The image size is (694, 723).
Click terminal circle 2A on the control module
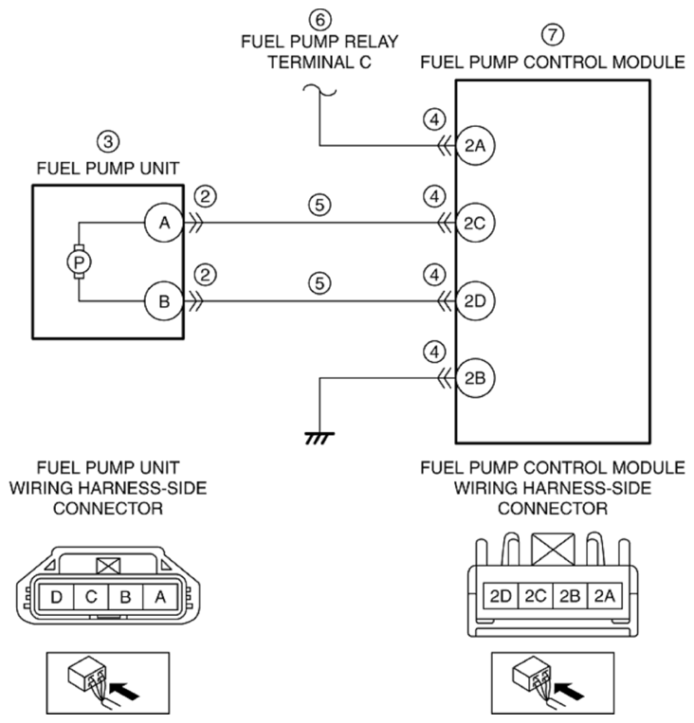tap(475, 146)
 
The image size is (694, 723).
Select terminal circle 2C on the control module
tap(475, 224)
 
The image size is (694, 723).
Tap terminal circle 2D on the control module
tap(475, 301)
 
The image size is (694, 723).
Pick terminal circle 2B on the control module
tap(475, 378)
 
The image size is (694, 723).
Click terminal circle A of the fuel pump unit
tap(164, 224)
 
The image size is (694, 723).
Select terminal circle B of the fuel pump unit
tap(164, 301)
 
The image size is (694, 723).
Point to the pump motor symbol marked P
tap(79, 262)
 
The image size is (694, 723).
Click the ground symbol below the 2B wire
tap(320, 438)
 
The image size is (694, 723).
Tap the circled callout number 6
tap(320, 20)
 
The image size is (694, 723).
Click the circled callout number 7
tap(553, 34)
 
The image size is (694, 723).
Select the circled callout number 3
tap(108, 141)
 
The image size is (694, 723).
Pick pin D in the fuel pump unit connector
tap(56, 597)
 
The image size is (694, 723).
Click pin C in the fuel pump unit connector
tap(91, 597)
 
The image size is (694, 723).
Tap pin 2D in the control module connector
tap(501, 596)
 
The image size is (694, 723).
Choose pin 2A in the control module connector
tap(605, 596)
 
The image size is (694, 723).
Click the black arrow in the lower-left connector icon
tap(125, 690)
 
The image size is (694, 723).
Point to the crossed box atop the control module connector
tap(553, 549)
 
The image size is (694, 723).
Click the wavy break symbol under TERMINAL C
tap(320, 91)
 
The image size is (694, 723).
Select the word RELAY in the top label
tap(371, 42)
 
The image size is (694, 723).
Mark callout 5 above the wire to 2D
tap(320, 282)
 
